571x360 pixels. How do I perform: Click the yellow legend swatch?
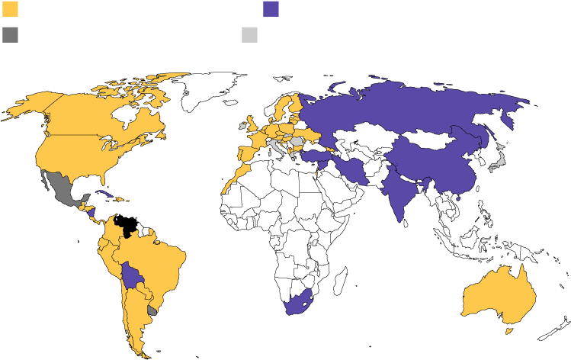point(10,9)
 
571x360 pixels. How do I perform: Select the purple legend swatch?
point(271,9)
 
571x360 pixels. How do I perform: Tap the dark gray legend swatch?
point(10,34)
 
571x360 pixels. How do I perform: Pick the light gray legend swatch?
point(249,34)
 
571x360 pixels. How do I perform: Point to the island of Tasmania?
point(509,329)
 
